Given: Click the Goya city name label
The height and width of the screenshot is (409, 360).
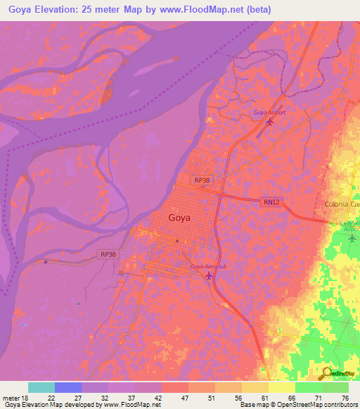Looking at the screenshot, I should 179,218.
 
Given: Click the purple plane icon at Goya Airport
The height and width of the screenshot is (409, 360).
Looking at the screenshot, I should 270,122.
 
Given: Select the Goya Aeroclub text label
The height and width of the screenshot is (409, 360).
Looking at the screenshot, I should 209,267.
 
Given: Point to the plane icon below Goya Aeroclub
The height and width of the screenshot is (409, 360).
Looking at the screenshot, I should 209,276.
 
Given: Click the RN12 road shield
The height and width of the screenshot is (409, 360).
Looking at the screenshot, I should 271,202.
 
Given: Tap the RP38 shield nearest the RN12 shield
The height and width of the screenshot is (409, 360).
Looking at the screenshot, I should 202,181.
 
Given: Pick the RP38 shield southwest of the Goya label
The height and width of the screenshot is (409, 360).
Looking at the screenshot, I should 108,254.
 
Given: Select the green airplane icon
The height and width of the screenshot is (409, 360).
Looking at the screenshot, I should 352,238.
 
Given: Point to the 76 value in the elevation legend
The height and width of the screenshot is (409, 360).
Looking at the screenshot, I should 345,397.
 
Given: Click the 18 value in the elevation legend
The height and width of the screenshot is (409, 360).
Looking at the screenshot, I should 26,397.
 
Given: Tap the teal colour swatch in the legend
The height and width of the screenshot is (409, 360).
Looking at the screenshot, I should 41,387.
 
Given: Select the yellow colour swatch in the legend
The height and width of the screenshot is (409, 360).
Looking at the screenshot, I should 281,387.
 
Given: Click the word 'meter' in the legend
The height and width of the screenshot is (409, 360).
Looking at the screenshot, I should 11,397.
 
